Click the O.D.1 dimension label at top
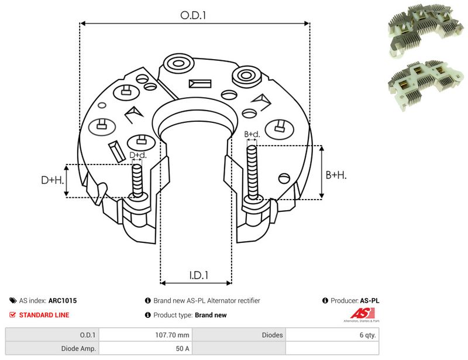(x=193, y=15)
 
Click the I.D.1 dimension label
(x=199, y=275)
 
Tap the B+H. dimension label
(x=336, y=175)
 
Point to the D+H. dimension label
(x=53, y=180)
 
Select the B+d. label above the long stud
(x=252, y=134)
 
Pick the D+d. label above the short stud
(x=138, y=155)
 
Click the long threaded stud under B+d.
(x=252, y=173)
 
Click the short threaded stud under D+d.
(x=137, y=181)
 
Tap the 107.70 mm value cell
(x=172, y=335)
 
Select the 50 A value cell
(x=183, y=349)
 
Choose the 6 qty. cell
(x=368, y=335)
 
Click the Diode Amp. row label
(x=78, y=349)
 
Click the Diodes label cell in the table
(x=272, y=335)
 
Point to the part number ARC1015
(x=63, y=300)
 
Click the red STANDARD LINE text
(x=44, y=315)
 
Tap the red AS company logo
(x=362, y=315)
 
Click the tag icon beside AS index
(x=13, y=300)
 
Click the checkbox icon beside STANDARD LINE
(x=12, y=315)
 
